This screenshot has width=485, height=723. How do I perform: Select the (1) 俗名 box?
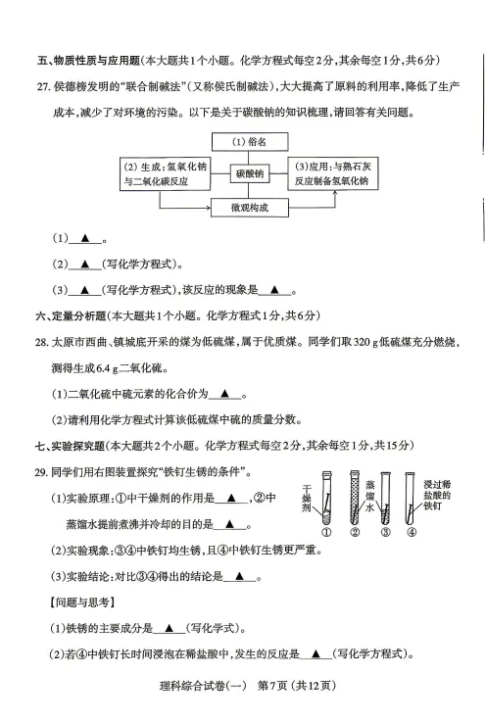[x=249, y=141]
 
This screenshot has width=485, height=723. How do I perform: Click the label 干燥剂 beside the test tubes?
[x=307, y=499]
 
